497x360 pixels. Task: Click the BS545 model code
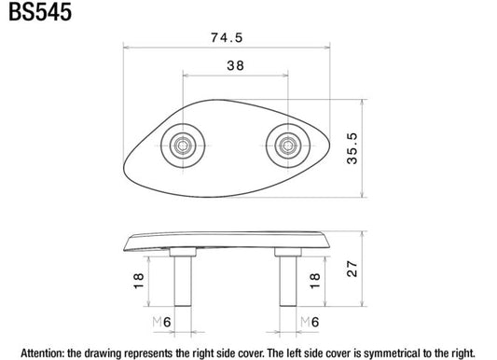click(x=40, y=12)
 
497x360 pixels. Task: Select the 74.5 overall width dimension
click(x=227, y=37)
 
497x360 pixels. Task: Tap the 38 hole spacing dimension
click(x=236, y=65)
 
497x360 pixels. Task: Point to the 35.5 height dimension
click(x=352, y=148)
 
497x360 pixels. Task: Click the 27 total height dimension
click(x=352, y=269)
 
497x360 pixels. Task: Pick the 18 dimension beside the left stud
click(x=139, y=281)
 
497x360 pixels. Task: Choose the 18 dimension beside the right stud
click(x=315, y=281)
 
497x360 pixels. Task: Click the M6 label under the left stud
click(x=161, y=323)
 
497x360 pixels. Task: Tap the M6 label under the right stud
click(x=310, y=323)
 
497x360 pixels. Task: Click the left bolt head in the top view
click(x=183, y=145)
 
